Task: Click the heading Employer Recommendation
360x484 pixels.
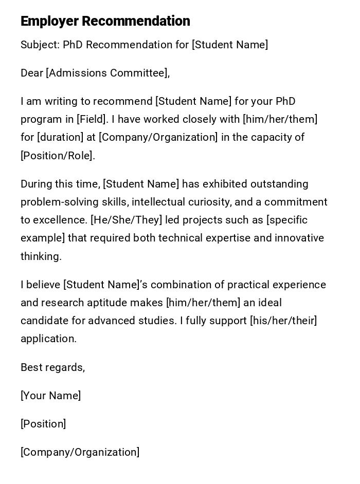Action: coord(105,21)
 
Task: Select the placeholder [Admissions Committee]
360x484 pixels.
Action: coord(107,73)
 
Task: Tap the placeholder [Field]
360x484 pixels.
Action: coord(92,119)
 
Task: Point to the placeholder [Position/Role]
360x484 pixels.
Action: coord(57,156)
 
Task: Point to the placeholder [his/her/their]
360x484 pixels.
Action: coord(283,321)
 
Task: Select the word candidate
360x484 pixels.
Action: coord(45,321)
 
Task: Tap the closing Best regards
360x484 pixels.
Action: coord(52,367)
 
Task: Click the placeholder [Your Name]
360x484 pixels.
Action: coord(50,396)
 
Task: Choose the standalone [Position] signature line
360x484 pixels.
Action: coord(43,424)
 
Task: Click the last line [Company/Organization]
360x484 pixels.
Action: coord(80,452)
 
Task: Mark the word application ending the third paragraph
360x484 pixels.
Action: coord(48,339)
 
